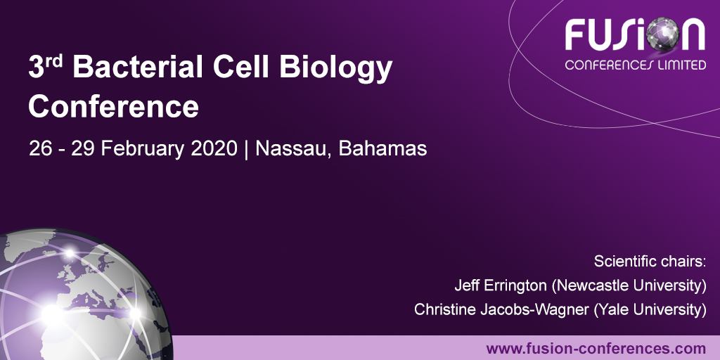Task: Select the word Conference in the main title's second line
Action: (113, 107)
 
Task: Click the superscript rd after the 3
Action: (56, 60)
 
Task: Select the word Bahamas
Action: (382, 149)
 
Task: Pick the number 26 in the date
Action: (39, 149)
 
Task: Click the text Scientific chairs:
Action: (650, 262)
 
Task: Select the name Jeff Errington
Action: (501, 285)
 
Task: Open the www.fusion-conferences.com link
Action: (596, 348)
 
